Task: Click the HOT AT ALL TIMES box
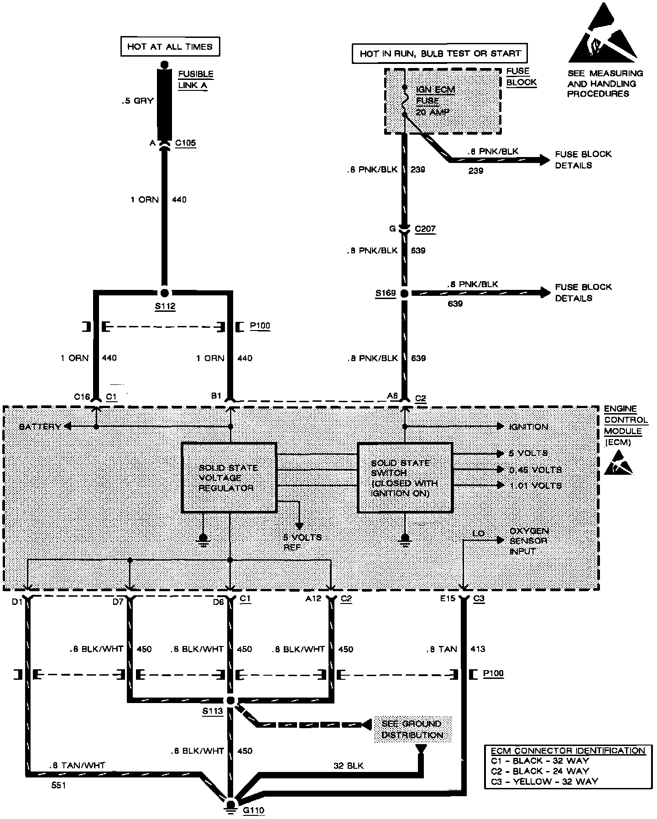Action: pos(170,47)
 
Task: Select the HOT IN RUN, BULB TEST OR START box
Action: pos(440,54)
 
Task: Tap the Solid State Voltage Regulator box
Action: pos(229,478)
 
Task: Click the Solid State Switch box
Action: pos(405,478)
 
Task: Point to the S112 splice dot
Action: pos(165,293)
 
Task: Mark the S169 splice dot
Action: pos(404,293)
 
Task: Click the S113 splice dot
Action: pos(230,701)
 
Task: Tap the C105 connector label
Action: pos(185,143)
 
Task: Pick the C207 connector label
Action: pos(425,229)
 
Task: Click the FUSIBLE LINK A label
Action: pos(195,79)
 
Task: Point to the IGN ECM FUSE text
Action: pos(435,95)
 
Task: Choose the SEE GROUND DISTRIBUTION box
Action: pos(412,729)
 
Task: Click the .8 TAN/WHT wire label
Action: pos(77,766)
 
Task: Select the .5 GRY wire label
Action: pos(137,100)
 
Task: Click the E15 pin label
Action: pos(448,598)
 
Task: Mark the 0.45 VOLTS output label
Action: pos(535,470)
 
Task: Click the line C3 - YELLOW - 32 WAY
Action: pos(544,781)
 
